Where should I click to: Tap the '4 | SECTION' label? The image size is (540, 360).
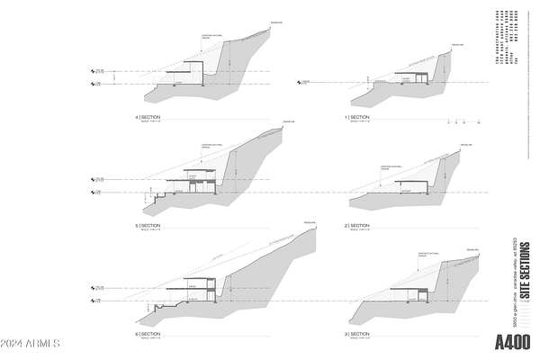pos(148,118)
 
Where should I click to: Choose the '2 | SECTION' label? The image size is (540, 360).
pos(357,225)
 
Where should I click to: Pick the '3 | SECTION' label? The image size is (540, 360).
pos(357,334)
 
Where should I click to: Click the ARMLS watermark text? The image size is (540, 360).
pos(31,344)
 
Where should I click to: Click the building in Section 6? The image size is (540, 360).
pos(200,288)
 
